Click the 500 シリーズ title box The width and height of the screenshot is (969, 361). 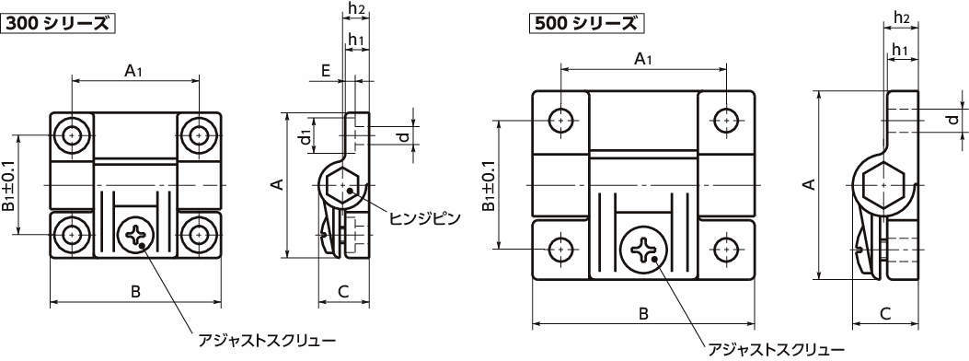pos(586,24)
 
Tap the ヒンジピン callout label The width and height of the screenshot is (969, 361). pos(424,218)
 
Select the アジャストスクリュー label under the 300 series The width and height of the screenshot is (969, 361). pos(267,339)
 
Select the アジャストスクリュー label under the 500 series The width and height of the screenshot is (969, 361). pos(776,349)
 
